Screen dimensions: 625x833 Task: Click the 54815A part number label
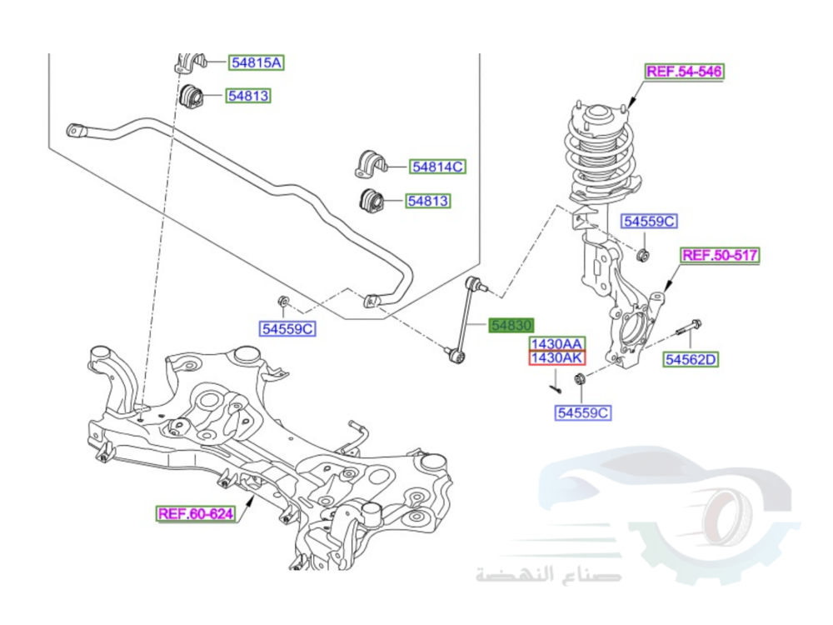[257, 62]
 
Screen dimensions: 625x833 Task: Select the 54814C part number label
[437, 167]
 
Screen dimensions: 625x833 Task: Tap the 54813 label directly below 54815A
[250, 96]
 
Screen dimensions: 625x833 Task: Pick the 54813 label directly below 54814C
[427, 201]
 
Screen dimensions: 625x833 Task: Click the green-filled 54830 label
[511, 326]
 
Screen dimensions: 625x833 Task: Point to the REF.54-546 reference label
[685, 72]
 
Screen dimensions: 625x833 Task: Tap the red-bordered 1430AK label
[557, 358]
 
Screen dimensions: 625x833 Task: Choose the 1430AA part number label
[557, 343]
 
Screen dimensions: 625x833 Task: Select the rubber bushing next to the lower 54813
[371, 201]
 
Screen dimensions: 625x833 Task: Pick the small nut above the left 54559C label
[283, 301]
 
